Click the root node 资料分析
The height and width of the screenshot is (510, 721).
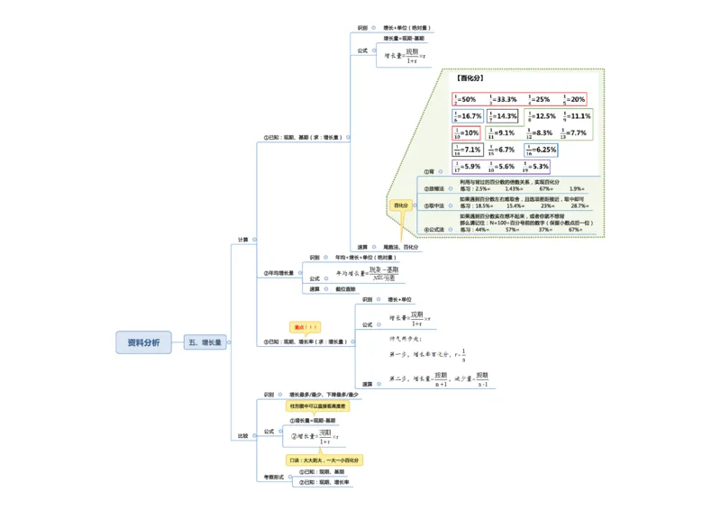(x=143, y=342)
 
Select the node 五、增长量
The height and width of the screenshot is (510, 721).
(x=205, y=342)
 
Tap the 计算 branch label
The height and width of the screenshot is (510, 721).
(x=242, y=240)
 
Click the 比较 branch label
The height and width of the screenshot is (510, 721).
(x=242, y=435)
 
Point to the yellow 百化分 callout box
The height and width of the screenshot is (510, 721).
(x=400, y=205)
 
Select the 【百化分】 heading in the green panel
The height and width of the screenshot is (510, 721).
(x=470, y=78)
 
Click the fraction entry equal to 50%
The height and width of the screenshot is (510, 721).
(x=467, y=99)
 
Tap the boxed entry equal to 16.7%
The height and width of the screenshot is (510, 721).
(x=467, y=116)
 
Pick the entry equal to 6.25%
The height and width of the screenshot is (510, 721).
(x=542, y=150)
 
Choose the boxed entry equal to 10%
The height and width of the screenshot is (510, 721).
(x=467, y=132)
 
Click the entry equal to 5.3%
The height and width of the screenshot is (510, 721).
(x=532, y=167)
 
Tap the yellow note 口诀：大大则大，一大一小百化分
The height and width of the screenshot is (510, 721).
(x=324, y=460)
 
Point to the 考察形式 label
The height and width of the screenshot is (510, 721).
(x=273, y=477)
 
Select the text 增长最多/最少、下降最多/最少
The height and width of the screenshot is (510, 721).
(x=324, y=395)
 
